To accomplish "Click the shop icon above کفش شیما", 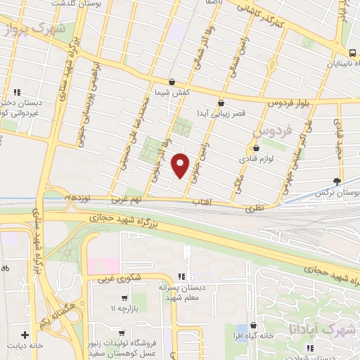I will (x=172, y=82).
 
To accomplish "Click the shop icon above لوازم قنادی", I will (x=256, y=148).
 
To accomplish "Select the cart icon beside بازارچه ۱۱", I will (x=124, y=297).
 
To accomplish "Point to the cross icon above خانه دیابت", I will (x=25, y=335).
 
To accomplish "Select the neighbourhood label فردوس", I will (x=265, y=131).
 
